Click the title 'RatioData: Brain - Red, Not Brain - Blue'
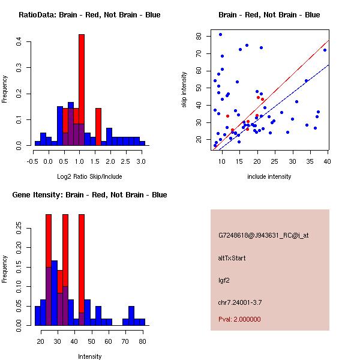point(89,15)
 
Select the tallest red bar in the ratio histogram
point(82,90)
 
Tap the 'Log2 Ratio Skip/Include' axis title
point(89,176)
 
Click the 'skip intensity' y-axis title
point(184,90)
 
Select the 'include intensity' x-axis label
point(269,176)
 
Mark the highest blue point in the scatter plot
point(220,34)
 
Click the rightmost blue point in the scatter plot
point(325,50)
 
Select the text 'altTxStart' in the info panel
point(232,258)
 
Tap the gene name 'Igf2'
point(224,280)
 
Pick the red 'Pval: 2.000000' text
point(239,319)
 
